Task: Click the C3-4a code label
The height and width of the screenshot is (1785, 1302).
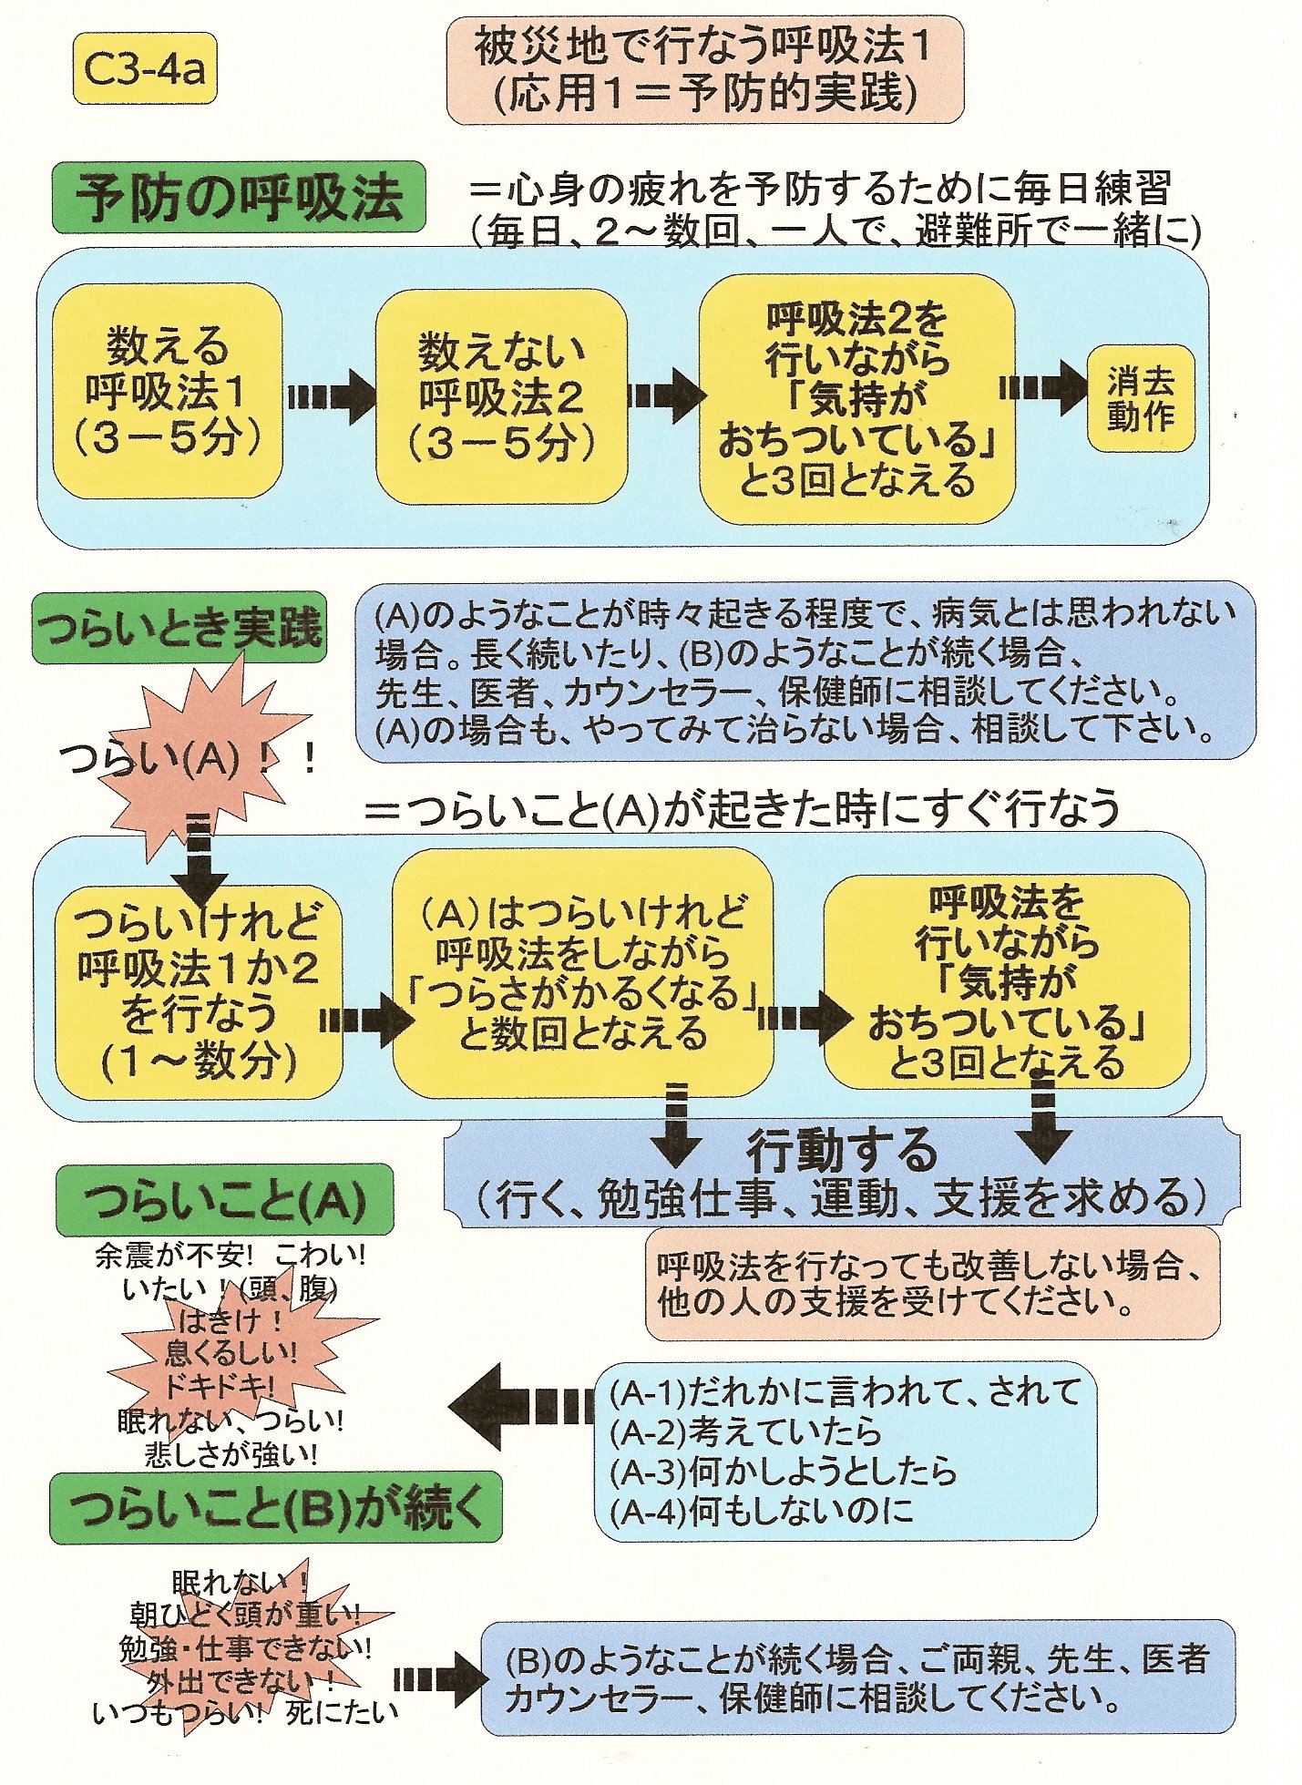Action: [144, 69]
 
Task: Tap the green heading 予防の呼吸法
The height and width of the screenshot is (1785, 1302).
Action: [239, 196]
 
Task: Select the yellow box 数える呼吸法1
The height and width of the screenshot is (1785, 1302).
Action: [167, 392]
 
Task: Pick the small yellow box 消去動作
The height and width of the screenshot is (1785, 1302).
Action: [1141, 398]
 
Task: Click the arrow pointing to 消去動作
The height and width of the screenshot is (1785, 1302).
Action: [1042, 388]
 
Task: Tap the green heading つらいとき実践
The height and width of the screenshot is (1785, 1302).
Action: [178, 628]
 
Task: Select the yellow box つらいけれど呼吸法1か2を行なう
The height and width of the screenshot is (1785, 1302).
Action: [198, 994]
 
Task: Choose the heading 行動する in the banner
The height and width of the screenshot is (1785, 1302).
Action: [841, 1151]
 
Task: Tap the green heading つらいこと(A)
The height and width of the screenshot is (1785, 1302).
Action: [224, 1201]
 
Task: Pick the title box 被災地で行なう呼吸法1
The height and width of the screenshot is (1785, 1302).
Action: [704, 69]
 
